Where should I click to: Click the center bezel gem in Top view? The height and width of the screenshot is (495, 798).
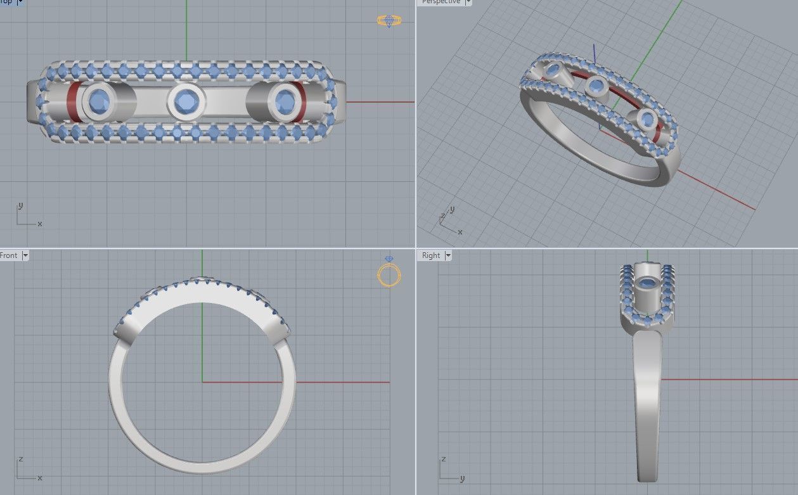coord(186,101)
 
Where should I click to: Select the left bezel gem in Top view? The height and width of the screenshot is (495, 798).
coord(99,101)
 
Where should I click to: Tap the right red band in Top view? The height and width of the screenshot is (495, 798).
coord(301,101)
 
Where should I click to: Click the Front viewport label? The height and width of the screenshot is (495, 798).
coord(10,255)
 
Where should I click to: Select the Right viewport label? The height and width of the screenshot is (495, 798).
coord(431,255)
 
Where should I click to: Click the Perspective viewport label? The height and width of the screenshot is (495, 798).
coord(441,2)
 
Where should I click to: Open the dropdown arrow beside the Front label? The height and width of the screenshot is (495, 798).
coord(25,255)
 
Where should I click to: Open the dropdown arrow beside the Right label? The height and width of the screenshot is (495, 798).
coord(448,255)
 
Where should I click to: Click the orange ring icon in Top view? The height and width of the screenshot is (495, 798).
coord(389,21)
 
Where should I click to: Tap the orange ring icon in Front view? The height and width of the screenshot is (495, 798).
coord(389,274)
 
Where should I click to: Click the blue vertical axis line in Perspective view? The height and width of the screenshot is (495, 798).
coord(594,53)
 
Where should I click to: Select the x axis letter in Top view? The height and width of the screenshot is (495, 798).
coord(40,224)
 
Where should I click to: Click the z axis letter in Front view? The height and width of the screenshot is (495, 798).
coord(21,459)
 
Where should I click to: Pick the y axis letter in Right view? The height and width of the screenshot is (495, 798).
coord(462,478)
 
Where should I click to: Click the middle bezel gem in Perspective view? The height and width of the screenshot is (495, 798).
coord(596,84)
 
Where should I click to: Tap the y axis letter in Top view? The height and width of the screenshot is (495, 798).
coord(21,205)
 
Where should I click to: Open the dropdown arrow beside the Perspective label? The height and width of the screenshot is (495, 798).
coord(468,2)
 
